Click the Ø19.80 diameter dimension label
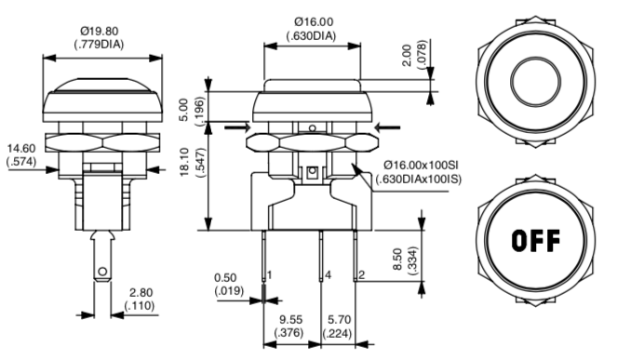point(100,32)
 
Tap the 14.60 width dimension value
point(21,148)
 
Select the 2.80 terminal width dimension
point(141,293)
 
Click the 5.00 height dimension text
point(185,110)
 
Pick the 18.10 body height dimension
point(185,162)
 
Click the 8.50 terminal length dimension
point(397,259)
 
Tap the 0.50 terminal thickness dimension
point(225,278)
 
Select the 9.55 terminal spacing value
point(290,319)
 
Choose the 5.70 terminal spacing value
point(340,319)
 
